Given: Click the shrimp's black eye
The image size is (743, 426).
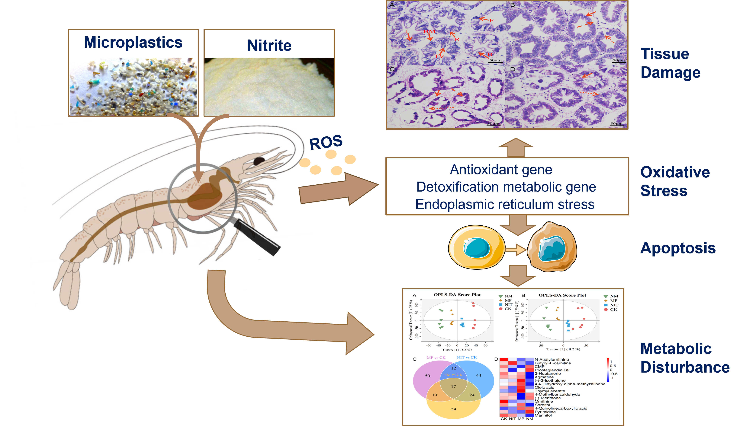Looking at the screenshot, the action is [x=259, y=161].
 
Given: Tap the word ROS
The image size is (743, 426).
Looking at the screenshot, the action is [x=326, y=142].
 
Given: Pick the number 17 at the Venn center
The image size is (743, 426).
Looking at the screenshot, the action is [x=453, y=386].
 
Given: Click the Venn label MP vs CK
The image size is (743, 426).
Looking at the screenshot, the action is [x=436, y=358].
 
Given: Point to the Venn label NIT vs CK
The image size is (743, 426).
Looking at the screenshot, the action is [x=467, y=358].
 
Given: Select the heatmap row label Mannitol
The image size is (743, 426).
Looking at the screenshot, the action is [x=543, y=415].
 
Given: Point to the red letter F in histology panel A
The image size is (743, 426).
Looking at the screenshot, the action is [x=491, y=21].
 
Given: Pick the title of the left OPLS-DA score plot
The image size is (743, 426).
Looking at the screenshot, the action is [x=457, y=295].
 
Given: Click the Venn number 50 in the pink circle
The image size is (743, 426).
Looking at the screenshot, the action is [x=427, y=376].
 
